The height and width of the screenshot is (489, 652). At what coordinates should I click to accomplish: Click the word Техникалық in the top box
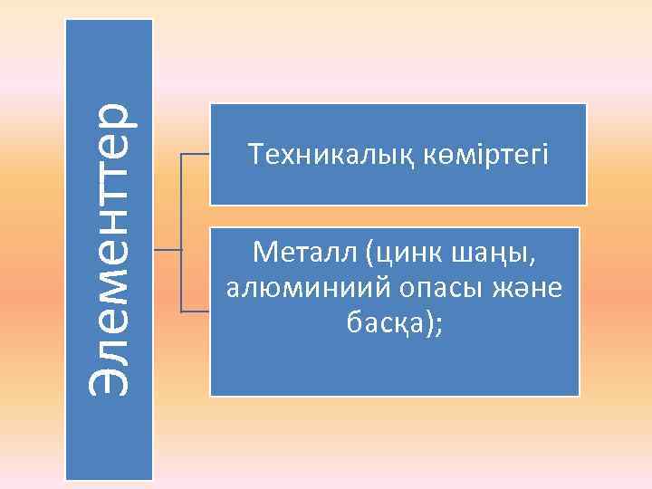click(321, 155)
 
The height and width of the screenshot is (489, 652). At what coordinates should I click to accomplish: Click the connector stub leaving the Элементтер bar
click(167, 247)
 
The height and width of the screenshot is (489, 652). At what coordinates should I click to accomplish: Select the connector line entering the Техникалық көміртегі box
click(196, 155)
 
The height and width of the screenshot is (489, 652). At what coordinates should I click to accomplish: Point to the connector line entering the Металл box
click(196, 312)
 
